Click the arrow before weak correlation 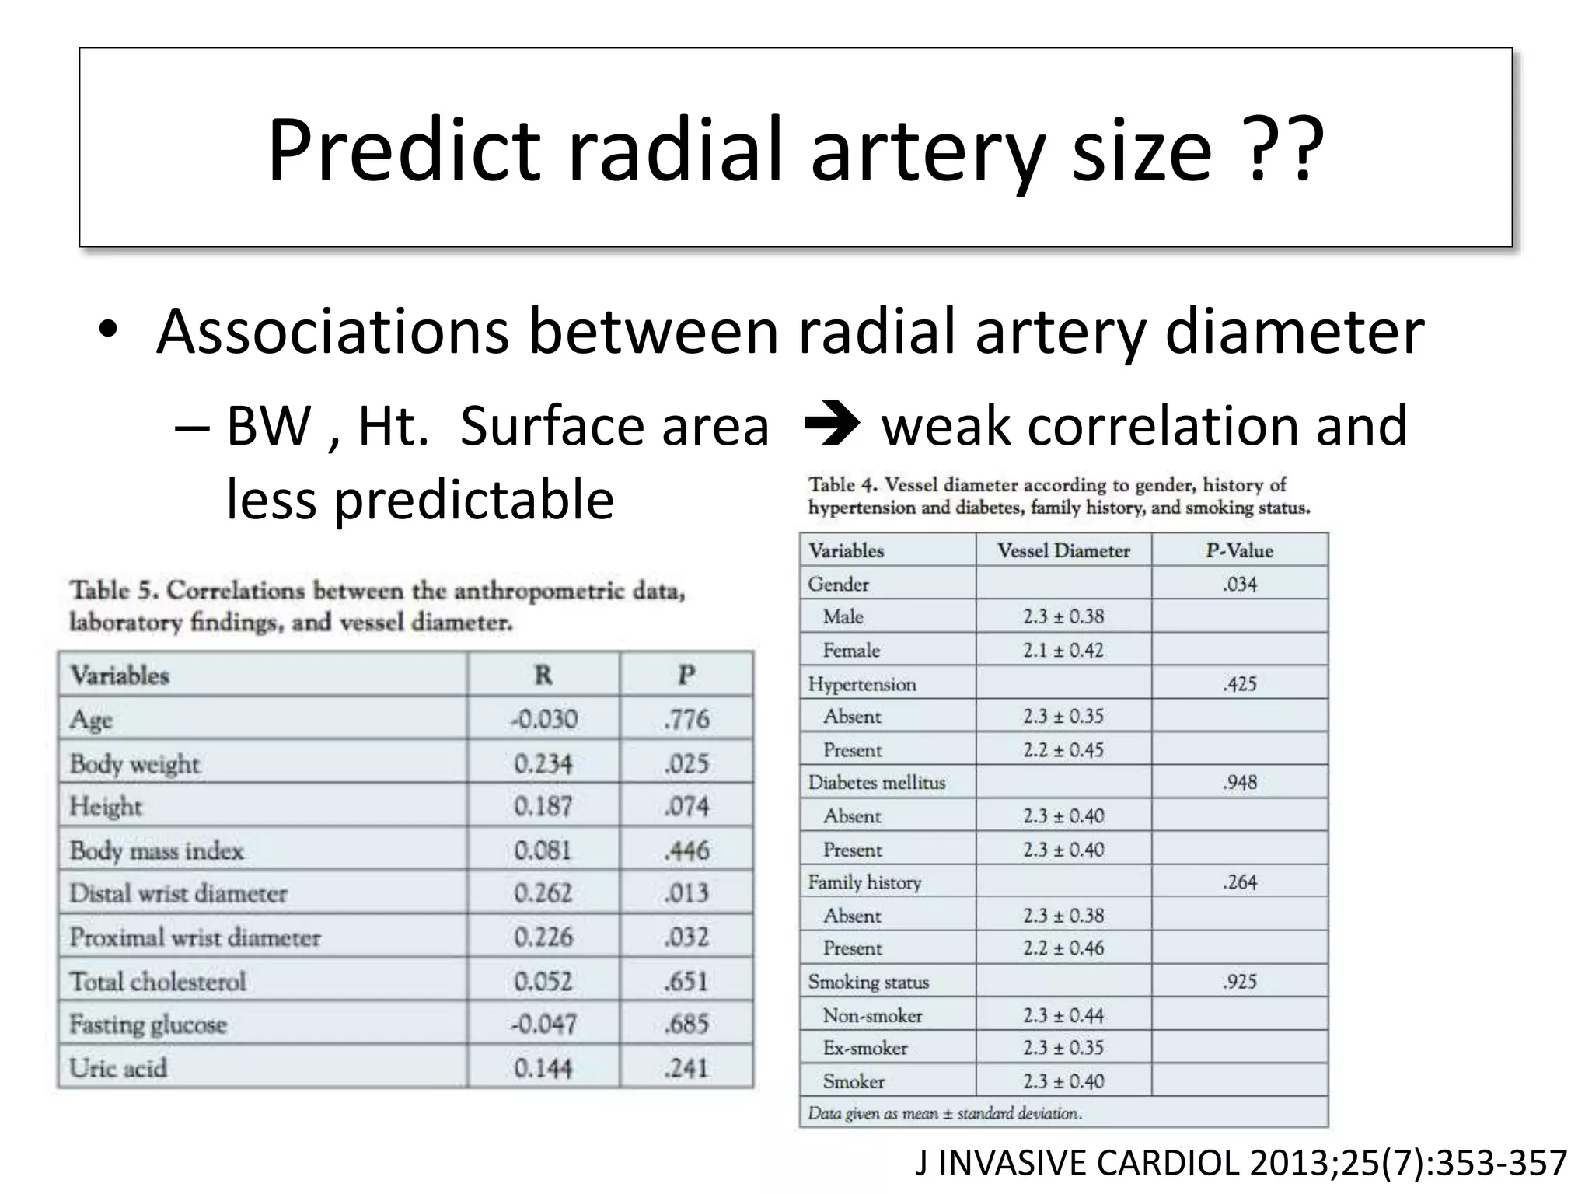tap(831, 426)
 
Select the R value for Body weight tap(543, 763)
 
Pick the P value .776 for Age tap(686, 719)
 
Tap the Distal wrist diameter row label tap(179, 893)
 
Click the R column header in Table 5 tap(543, 675)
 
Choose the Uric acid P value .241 tap(686, 1068)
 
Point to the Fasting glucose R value tap(543, 1024)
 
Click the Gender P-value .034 tap(1239, 584)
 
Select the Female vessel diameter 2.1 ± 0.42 tap(1063, 650)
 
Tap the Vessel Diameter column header tap(1063, 550)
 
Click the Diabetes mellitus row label tap(876, 782)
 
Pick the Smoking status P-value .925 tap(1239, 981)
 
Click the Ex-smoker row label tap(864, 1048)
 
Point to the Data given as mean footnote tap(944, 1113)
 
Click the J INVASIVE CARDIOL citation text tap(1241, 1163)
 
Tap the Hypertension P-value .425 tap(1239, 684)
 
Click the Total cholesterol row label tap(158, 981)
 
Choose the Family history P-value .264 tap(1239, 882)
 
